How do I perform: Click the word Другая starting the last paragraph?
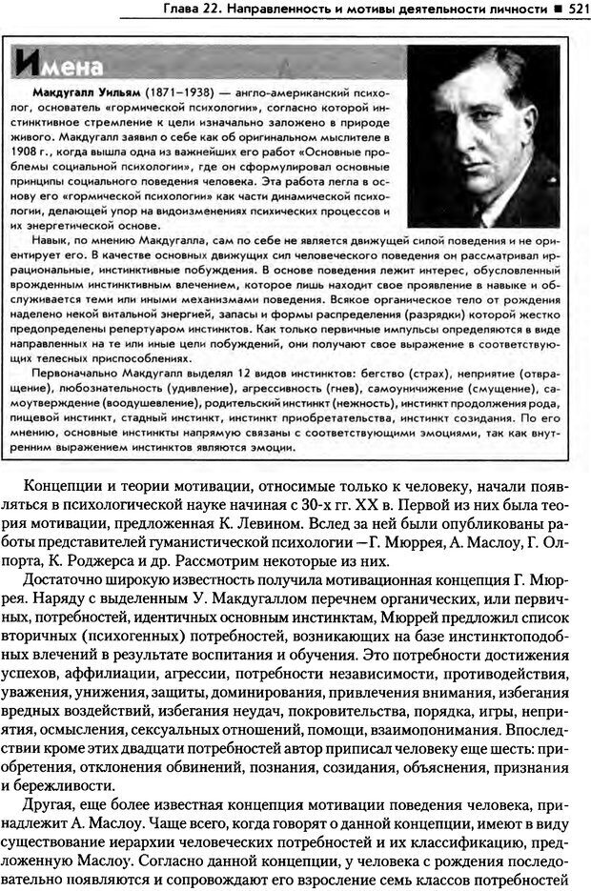(x=55, y=807)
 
